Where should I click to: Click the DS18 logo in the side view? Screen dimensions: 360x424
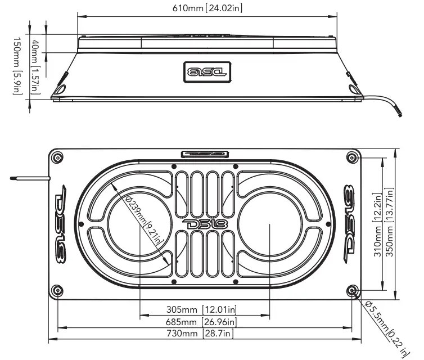pos(205,71)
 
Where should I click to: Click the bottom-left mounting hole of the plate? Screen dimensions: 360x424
pos(57,290)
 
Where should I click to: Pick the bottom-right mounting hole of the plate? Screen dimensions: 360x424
pos(353,290)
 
